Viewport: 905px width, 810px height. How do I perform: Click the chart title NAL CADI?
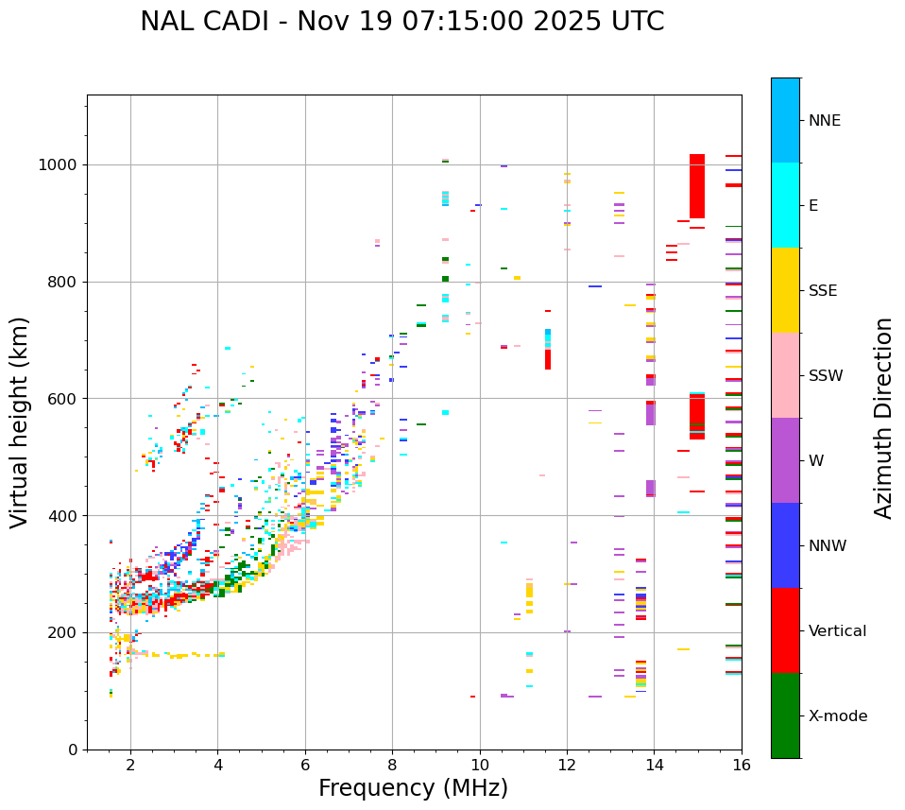click(401, 22)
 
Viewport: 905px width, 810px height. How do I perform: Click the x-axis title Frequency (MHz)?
click(413, 788)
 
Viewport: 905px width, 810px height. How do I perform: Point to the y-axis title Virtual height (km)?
click(20, 422)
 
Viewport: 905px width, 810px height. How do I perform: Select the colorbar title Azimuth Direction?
click(883, 418)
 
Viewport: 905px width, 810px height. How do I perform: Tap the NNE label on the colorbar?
click(825, 121)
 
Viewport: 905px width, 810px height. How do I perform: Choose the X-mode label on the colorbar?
click(838, 716)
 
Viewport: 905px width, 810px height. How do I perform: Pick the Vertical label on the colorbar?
click(838, 631)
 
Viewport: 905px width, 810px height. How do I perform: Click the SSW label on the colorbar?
click(826, 376)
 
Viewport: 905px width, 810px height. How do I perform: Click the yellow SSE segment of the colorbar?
click(785, 290)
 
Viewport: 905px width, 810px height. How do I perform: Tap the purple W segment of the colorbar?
click(785, 460)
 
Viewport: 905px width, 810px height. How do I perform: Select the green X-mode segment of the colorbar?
click(785, 715)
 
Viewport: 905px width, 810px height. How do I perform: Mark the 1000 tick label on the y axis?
click(59, 165)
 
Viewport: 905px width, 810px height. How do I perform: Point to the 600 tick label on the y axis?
click(63, 399)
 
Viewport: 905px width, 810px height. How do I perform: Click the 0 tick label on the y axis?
click(73, 750)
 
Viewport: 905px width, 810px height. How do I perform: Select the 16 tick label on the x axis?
click(741, 766)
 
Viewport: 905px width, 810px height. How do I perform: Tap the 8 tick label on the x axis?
click(392, 766)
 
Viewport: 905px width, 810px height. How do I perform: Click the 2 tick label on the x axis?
click(130, 766)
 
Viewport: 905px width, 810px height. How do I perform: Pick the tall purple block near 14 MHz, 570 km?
click(650, 414)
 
